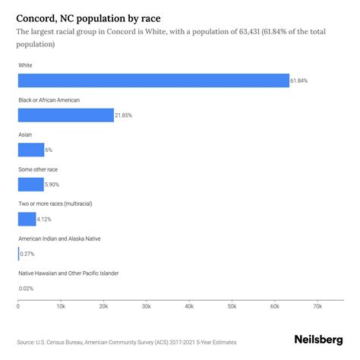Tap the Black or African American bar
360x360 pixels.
coord(65,115)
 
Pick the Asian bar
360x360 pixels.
coord(31,150)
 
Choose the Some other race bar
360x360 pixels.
coord(31,185)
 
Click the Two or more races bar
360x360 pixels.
coord(27,219)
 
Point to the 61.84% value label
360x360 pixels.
coord(301,81)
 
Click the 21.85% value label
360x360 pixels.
coord(125,115)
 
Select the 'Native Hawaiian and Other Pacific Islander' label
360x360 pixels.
coord(78,273)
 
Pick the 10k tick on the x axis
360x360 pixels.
coord(61,307)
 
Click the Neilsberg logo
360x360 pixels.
coord(320,342)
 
